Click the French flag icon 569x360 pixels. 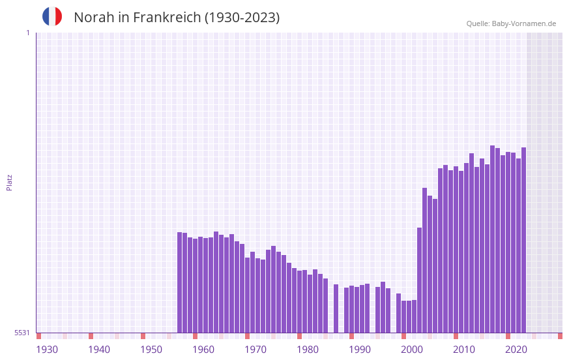click(x=52, y=16)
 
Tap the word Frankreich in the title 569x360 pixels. click(x=166, y=18)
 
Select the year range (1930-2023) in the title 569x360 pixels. click(x=242, y=18)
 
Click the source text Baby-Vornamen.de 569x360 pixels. click(x=523, y=23)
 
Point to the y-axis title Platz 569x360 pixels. click(x=9, y=182)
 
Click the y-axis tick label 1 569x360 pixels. click(x=27, y=33)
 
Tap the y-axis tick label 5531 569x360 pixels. click(x=22, y=333)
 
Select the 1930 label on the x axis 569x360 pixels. click(x=47, y=350)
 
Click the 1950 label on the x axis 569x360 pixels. click(x=151, y=350)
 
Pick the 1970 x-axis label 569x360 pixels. click(x=255, y=350)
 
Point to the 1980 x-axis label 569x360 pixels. click(x=308, y=350)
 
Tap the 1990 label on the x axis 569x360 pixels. click(x=360, y=350)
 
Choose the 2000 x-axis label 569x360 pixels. click(x=412, y=350)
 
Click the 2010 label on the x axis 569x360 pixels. click(x=464, y=350)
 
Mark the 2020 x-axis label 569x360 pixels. click(x=516, y=350)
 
